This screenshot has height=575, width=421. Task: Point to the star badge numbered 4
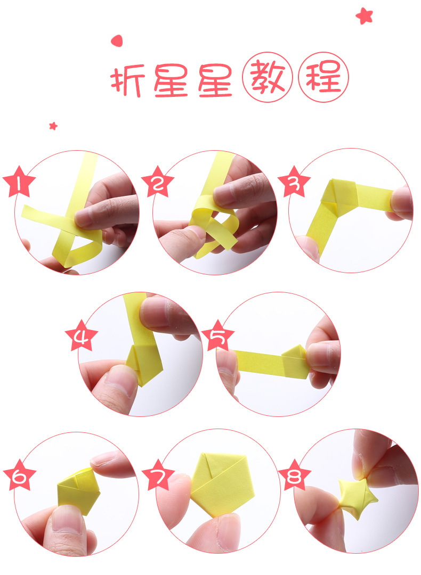click(82, 336)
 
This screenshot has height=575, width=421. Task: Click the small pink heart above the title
click(117, 40)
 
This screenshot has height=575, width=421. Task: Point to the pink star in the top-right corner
click(365, 16)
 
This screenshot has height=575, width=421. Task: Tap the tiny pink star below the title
click(53, 126)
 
